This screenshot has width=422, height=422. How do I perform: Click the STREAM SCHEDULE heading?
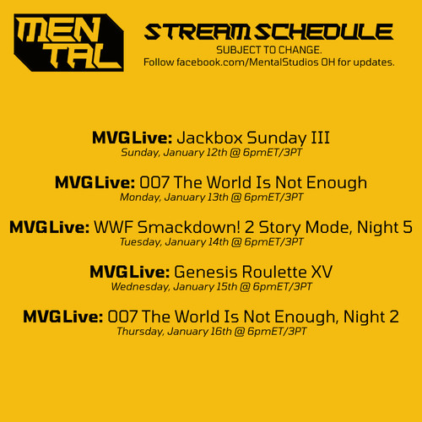click(269, 33)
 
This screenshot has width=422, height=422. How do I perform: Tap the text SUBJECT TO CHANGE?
click(269, 50)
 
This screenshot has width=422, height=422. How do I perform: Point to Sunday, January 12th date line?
click(212, 153)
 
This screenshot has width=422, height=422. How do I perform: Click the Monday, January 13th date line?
click(212, 197)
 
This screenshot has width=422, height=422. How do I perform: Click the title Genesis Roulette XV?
click(253, 272)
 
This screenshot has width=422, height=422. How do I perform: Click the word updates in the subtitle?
click(373, 62)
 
